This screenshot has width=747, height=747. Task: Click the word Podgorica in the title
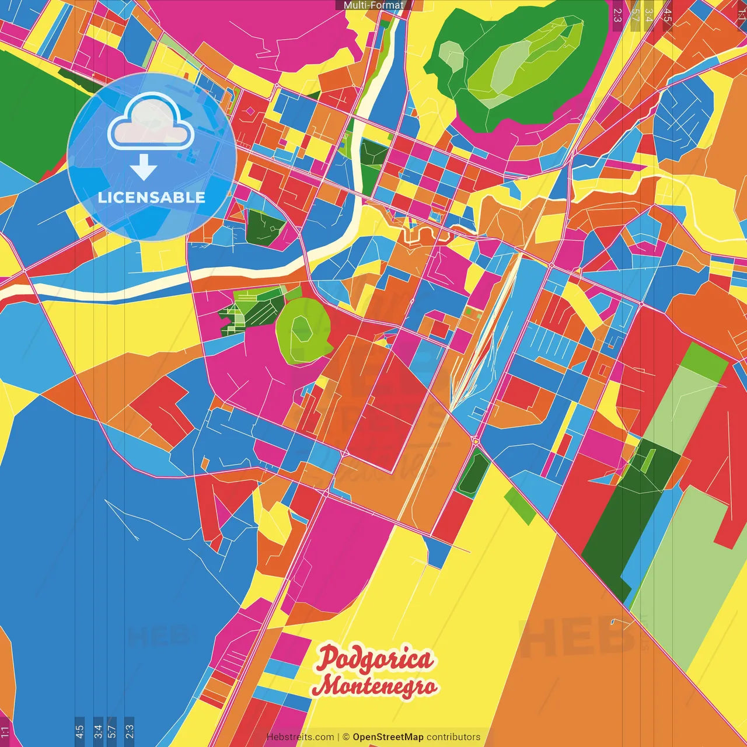click(x=375, y=659)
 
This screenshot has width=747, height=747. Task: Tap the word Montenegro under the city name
click(x=375, y=685)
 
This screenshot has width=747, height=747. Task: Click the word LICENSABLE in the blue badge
click(x=152, y=197)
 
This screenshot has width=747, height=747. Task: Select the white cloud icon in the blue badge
click(x=151, y=123)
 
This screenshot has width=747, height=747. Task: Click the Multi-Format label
click(x=373, y=5)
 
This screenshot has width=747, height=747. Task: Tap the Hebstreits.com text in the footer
click(x=300, y=737)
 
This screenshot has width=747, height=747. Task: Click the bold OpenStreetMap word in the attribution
click(x=388, y=737)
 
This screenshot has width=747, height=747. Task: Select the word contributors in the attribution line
click(x=453, y=737)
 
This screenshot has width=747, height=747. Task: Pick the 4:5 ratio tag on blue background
click(x=79, y=731)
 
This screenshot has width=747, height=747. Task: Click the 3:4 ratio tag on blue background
click(x=98, y=731)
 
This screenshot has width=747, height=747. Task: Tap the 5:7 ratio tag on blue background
click(x=112, y=731)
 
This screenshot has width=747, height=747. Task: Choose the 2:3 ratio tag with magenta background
click(x=617, y=15)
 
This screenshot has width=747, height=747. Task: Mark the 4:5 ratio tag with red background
click(x=667, y=16)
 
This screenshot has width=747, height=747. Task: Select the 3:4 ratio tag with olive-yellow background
click(x=648, y=16)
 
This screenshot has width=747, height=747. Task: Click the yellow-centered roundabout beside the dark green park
click(x=476, y=441)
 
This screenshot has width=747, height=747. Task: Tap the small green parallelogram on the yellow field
click(x=519, y=505)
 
